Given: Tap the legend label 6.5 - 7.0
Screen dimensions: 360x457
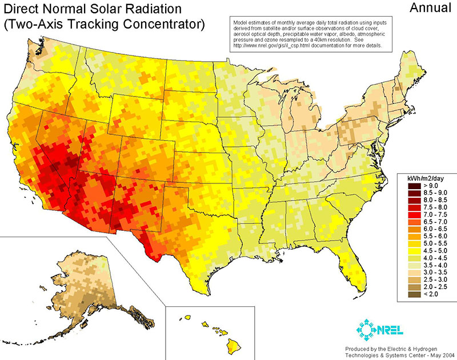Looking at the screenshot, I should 434,221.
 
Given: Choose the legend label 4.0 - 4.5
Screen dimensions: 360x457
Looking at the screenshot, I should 434,258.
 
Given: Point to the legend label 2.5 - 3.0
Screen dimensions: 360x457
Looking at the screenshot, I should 434,279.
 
